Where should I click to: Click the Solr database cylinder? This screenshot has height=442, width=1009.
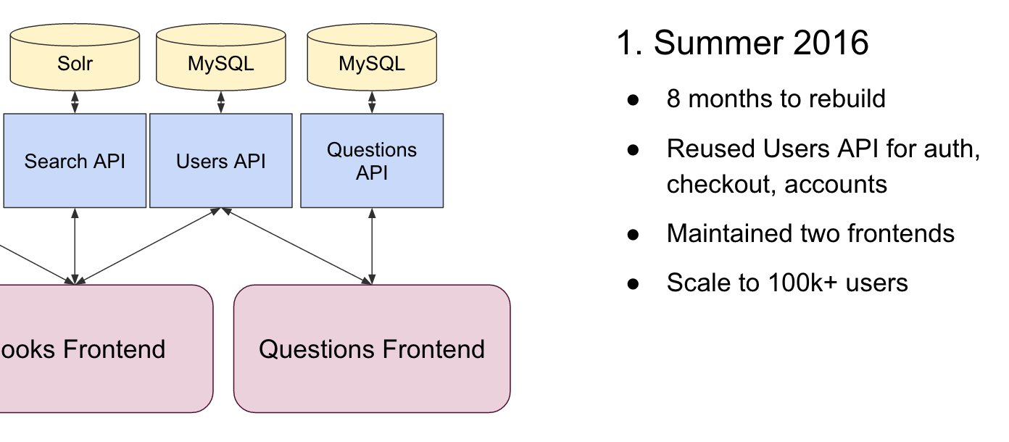pyautogui.click(x=75, y=57)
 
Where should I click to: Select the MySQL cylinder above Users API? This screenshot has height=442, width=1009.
pyautogui.click(x=220, y=57)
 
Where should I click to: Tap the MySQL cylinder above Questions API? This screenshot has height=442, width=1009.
pyautogui.click(x=372, y=57)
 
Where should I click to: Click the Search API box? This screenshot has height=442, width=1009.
pyautogui.click(x=75, y=161)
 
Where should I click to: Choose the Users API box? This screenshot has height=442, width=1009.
pyautogui.click(x=220, y=161)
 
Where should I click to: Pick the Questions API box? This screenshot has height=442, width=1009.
pyautogui.click(x=372, y=161)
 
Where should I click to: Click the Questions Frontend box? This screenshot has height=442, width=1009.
pyautogui.click(x=372, y=349)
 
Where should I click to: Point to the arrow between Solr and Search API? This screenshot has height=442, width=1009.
pyautogui.click(x=75, y=102)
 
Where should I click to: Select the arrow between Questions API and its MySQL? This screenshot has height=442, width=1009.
pyautogui.click(x=372, y=102)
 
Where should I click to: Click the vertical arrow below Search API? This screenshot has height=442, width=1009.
pyautogui.click(x=75, y=246)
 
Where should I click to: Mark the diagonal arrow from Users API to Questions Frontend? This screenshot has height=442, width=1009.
pyautogui.click(x=297, y=246)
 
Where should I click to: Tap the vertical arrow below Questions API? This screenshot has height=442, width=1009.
pyautogui.click(x=372, y=246)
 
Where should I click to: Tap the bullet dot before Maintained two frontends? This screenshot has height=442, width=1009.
pyautogui.click(x=633, y=235)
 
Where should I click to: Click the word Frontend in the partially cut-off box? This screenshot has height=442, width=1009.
pyautogui.click(x=115, y=349)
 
